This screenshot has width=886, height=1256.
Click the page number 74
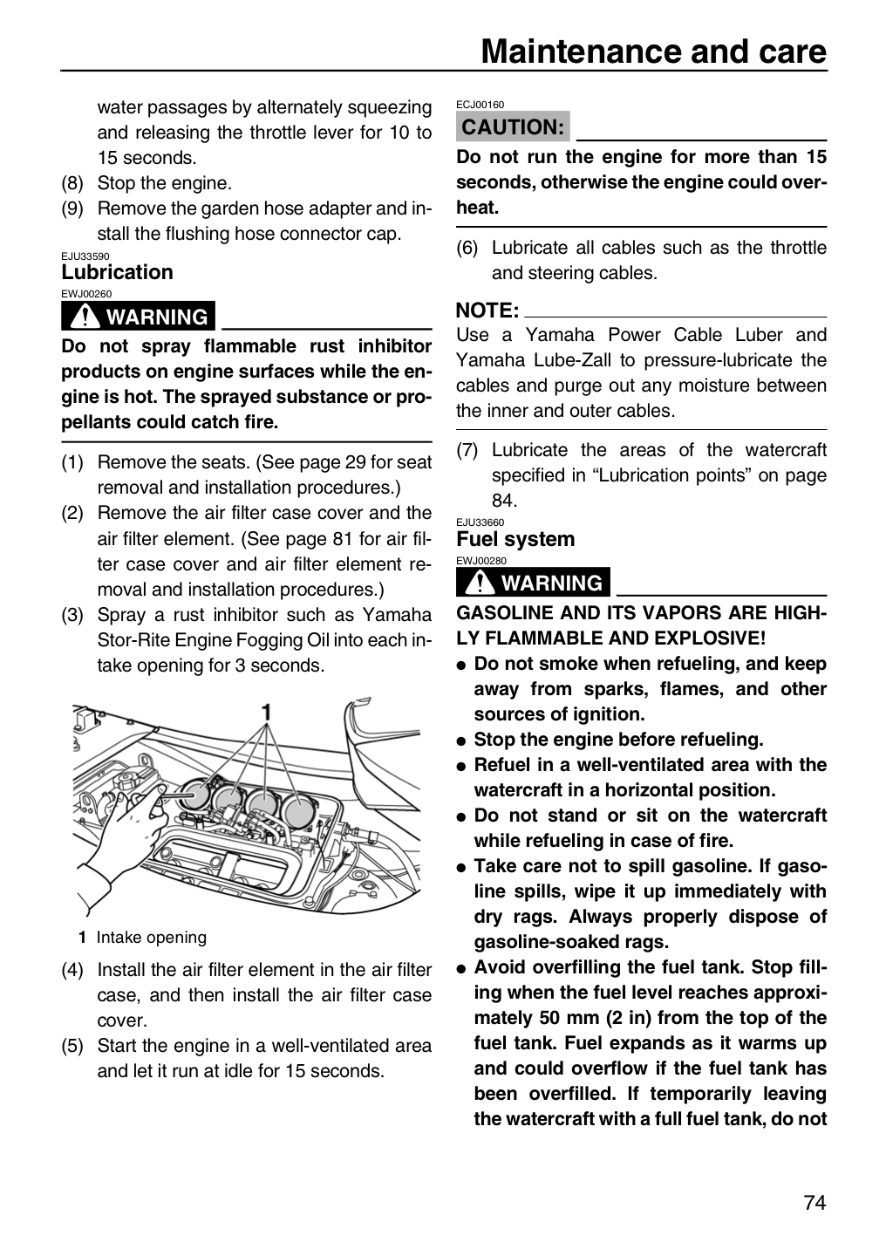(814, 1203)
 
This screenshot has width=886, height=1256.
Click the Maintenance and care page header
(654, 51)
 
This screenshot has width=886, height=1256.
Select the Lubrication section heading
(117, 272)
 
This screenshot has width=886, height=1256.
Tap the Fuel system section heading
(515, 539)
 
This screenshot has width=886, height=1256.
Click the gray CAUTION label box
(513, 126)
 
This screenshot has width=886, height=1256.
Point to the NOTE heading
(487, 311)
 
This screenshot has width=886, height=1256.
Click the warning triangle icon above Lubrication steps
(85, 317)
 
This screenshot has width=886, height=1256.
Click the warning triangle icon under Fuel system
(480, 583)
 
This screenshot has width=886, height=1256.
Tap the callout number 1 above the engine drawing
(266, 712)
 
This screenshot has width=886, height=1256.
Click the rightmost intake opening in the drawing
(298, 809)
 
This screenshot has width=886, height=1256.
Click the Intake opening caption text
(152, 937)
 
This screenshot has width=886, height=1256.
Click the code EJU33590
(85, 256)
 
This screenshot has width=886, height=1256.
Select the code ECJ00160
(480, 105)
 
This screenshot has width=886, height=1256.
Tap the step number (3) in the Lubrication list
(72, 615)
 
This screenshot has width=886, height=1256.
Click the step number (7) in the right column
(467, 450)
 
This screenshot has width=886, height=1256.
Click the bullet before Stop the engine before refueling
(461, 741)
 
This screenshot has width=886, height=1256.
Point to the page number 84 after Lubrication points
(503, 500)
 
